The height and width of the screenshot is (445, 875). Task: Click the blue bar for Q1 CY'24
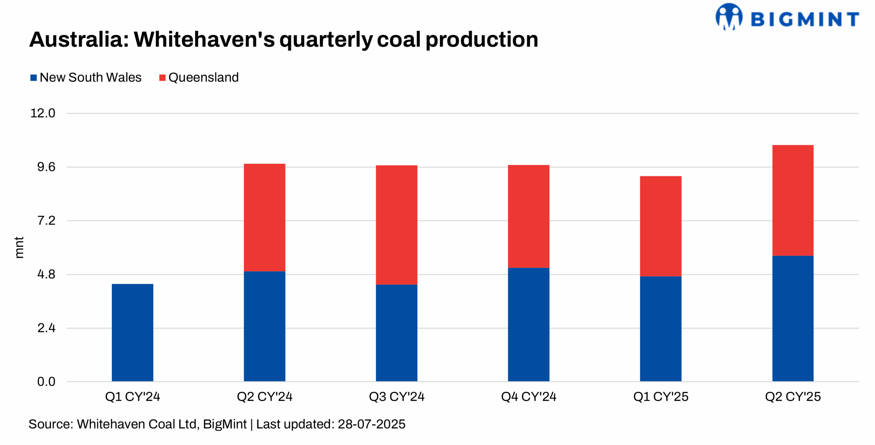point(132,332)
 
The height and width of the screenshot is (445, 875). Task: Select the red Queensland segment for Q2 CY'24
point(264,217)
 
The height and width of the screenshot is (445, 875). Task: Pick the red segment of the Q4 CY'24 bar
point(528,216)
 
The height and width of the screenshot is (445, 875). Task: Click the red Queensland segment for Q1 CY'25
point(660,226)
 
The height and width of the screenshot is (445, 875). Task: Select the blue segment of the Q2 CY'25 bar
point(793,318)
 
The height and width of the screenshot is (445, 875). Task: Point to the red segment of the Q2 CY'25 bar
point(793,200)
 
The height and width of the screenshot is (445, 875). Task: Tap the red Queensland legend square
point(162,78)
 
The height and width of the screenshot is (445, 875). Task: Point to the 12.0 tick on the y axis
point(43,113)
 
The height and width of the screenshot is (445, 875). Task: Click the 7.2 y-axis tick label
point(46,220)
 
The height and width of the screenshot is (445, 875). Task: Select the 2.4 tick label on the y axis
point(46,328)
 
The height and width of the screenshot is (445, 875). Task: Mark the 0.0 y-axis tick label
point(46,381)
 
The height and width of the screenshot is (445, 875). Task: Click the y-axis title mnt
point(19,247)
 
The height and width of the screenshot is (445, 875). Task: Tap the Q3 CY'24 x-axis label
point(396,396)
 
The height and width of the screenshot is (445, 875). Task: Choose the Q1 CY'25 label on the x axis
point(660,396)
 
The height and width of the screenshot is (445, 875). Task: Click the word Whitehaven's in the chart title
point(204,39)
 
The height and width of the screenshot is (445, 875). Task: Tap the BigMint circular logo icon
point(728,16)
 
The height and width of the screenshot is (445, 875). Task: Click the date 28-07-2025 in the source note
point(372,424)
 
